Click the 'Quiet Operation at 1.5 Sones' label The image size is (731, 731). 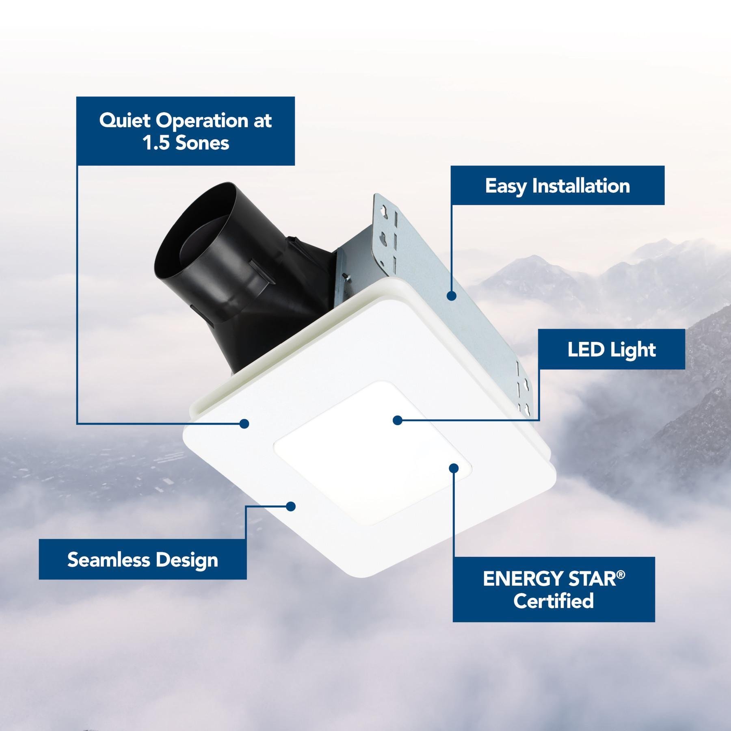point(185,131)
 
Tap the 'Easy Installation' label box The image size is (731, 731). point(558,185)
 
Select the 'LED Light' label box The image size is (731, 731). point(612,349)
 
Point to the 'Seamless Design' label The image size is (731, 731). point(143,559)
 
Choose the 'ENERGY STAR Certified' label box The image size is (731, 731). point(554,589)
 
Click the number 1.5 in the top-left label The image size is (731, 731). point(157,143)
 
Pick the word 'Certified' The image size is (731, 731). point(554,600)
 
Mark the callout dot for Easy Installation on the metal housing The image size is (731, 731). point(450,296)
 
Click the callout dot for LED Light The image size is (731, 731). point(398,420)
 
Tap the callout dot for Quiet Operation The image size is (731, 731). point(244,424)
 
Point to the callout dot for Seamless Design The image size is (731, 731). point(290,506)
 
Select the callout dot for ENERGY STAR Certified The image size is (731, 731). point(454,468)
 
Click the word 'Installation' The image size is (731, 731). point(581,185)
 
